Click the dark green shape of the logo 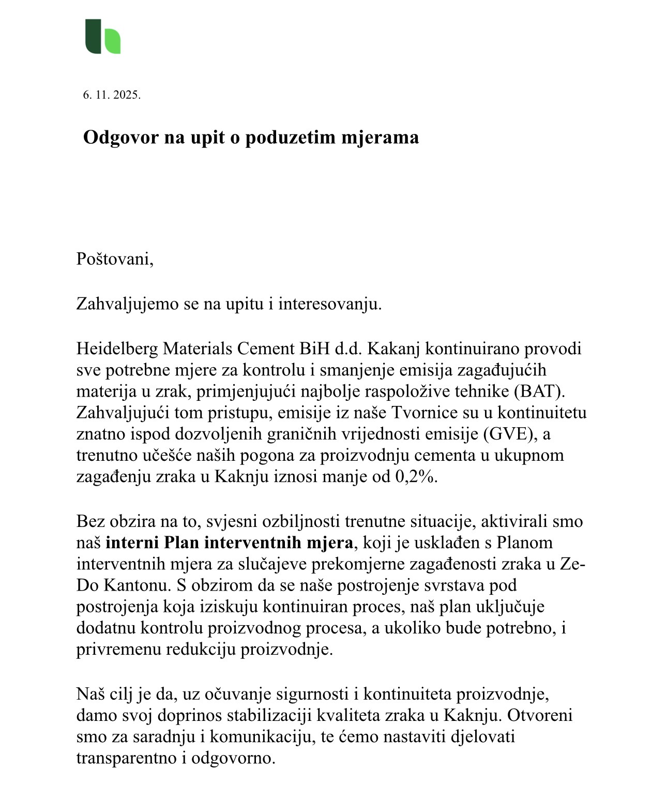tap(93, 36)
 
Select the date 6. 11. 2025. tap(112, 95)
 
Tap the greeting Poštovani tap(115, 259)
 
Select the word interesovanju tap(330, 304)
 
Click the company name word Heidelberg tap(117, 349)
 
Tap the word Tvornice tap(422, 413)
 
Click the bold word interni tap(132, 543)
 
